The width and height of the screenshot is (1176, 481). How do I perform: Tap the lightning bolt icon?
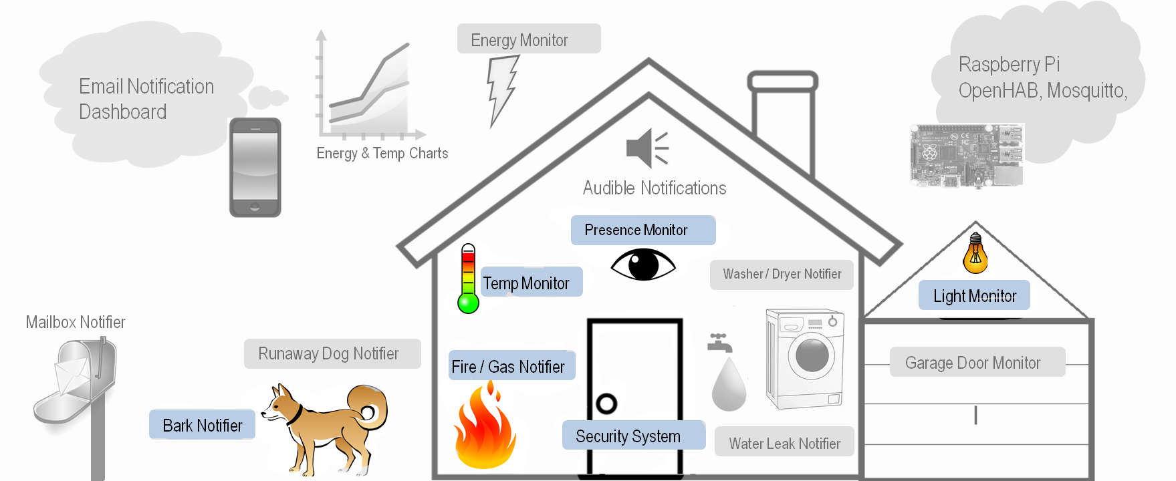502,90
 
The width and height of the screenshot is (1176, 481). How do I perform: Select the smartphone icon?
255,167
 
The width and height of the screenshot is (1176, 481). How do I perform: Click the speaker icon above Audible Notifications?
646,148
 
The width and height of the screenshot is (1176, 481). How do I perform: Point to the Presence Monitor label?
642,230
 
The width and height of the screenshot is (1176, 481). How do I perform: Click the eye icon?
643,265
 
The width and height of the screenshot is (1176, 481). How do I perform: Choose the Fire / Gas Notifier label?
511,366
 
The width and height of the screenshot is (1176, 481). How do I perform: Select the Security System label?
633,436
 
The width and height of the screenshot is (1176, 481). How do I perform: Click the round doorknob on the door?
606,404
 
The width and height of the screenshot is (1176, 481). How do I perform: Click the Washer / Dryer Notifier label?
782,275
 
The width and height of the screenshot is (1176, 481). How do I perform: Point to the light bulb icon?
975,253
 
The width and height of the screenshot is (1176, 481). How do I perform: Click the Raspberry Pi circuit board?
966,155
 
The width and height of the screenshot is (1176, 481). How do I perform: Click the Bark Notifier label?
202,425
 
